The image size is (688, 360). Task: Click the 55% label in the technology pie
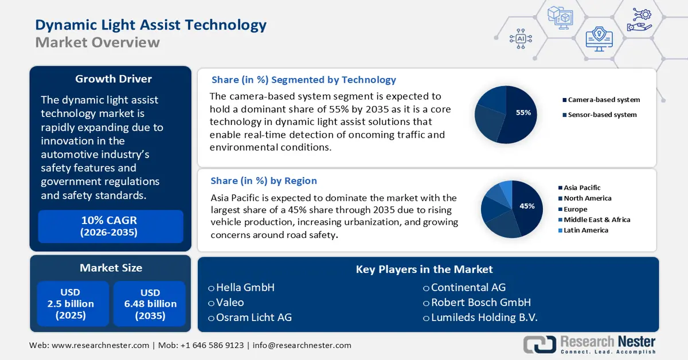tap(523, 113)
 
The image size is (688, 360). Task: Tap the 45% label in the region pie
tap(526, 206)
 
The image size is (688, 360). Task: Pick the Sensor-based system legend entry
tap(601, 115)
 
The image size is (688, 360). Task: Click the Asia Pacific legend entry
tap(581, 187)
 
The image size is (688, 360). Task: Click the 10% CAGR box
tap(110, 226)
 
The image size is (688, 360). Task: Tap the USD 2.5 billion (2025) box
tap(71, 304)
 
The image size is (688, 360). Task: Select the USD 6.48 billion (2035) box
tap(150, 304)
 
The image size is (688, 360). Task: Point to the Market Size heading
tap(111, 268)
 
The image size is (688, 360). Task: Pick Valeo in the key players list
tap(229, 302)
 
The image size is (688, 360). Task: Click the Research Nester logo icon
tap(539, 344)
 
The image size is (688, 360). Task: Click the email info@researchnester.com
tap(302, 345)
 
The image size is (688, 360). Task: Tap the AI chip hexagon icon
tap(521, 38)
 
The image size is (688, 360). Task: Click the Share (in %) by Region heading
tap(264, 181)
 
